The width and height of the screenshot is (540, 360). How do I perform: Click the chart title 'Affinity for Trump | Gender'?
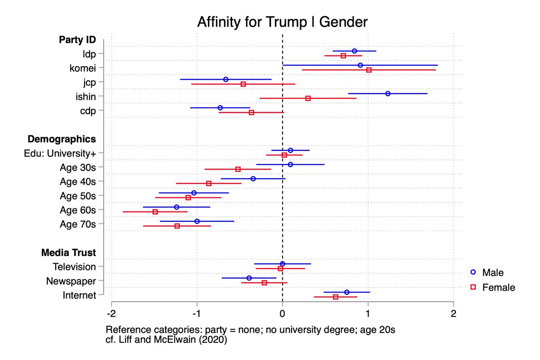[x=282, y=22]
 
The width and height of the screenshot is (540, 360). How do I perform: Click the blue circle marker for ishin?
[x=388, y=94]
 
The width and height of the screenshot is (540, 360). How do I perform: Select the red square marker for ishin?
[x=308, y=98]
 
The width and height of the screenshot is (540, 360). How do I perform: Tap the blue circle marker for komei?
[x=360, y=65]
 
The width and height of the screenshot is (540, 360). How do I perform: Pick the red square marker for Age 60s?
[x=155, y=211]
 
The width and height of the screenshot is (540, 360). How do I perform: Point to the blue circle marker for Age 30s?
[x=290, y=164]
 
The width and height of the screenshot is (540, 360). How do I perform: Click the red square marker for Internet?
[x=335, y=297]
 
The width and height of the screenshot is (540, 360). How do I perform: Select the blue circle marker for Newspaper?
[x=249, y=278]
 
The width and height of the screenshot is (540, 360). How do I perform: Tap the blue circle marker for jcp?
[x=226, y=80]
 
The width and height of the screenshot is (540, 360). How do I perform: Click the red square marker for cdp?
[x=252, y=112]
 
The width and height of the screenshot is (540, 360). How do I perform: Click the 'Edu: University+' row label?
[x=60, y=153]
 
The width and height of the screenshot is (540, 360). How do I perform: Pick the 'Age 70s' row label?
[x=78, y=224]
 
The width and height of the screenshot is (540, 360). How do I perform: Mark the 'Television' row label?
[x=74, y=266]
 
